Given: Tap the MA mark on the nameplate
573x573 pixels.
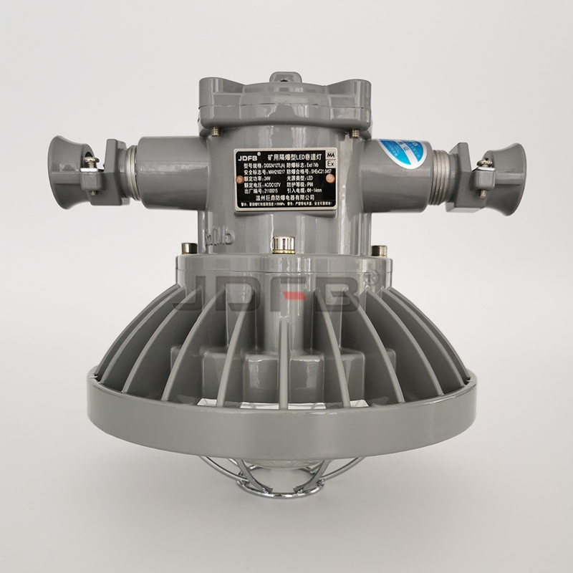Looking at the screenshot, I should coord(331,155).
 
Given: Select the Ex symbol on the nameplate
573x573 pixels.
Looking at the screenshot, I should coord(330,164).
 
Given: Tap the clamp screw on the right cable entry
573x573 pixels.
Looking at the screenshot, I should coord(484,168).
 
